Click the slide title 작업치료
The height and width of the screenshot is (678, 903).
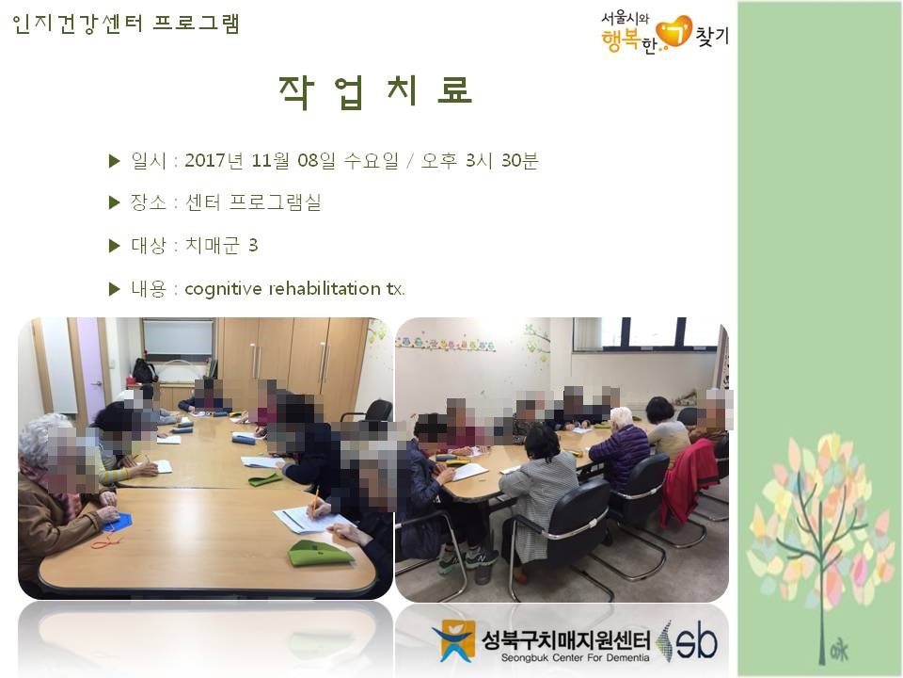coord(375,92)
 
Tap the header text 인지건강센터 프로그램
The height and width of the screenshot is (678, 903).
coord(125,24)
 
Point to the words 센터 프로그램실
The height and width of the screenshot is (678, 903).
coord(253,202)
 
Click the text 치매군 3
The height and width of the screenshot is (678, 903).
coord(221,245)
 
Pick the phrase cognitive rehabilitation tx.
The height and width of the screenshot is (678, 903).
coord(294,288)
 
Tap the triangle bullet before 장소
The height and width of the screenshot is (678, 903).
coord(114,202)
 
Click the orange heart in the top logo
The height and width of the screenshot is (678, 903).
coord(674,32)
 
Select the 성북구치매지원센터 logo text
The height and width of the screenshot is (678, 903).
coord(565,639)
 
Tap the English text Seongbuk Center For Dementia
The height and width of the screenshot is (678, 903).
coord(576,658)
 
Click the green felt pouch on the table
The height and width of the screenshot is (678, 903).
coord(320,553)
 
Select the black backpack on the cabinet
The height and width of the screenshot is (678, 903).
coord(145,371)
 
